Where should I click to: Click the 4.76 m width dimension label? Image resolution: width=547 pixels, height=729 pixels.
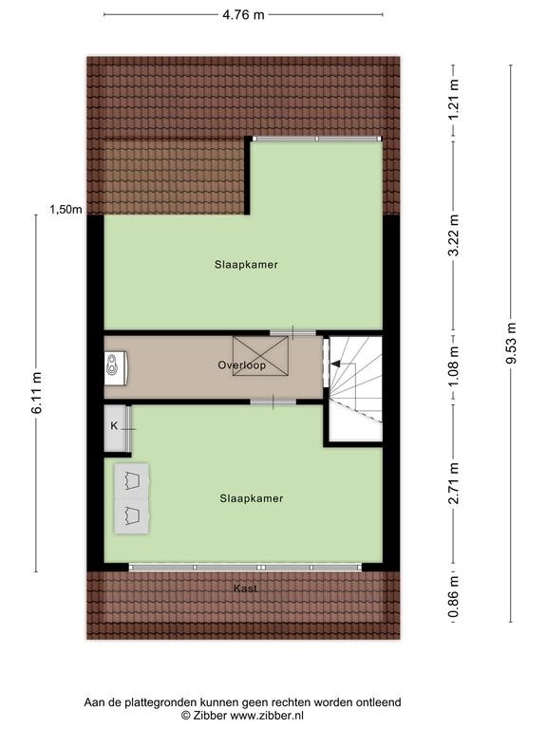(243, 15)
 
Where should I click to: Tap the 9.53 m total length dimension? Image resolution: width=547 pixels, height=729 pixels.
(511, 343)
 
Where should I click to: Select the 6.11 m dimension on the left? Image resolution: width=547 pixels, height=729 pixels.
(37, 392)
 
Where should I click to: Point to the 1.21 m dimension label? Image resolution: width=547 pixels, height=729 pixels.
(454, 99)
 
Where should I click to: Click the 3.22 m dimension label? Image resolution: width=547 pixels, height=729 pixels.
(454, 234)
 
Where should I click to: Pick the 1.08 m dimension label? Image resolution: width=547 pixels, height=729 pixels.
(454, 365)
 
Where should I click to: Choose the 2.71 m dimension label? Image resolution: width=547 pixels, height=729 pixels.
(454, 483)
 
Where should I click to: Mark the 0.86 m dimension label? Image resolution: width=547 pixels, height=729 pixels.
(454, 596)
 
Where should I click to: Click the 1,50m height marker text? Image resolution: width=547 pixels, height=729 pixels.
(66, 210)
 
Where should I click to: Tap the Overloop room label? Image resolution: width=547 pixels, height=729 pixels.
(242, 364)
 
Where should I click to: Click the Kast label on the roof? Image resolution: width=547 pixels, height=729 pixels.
(245, 589)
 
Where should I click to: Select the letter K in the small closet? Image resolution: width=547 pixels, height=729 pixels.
(114, 425)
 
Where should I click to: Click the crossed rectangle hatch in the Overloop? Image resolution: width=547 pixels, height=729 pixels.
(260, 356)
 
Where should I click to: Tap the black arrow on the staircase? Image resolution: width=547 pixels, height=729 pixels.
(336, 364)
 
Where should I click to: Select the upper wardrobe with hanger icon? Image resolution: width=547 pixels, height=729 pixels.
(132, 480)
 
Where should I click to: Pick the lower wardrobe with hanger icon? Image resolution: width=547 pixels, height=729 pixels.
(132, 515)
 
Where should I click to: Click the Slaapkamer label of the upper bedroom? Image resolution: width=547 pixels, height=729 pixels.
(246, 265)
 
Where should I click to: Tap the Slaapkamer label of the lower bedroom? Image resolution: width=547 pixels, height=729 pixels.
(251, 498)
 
